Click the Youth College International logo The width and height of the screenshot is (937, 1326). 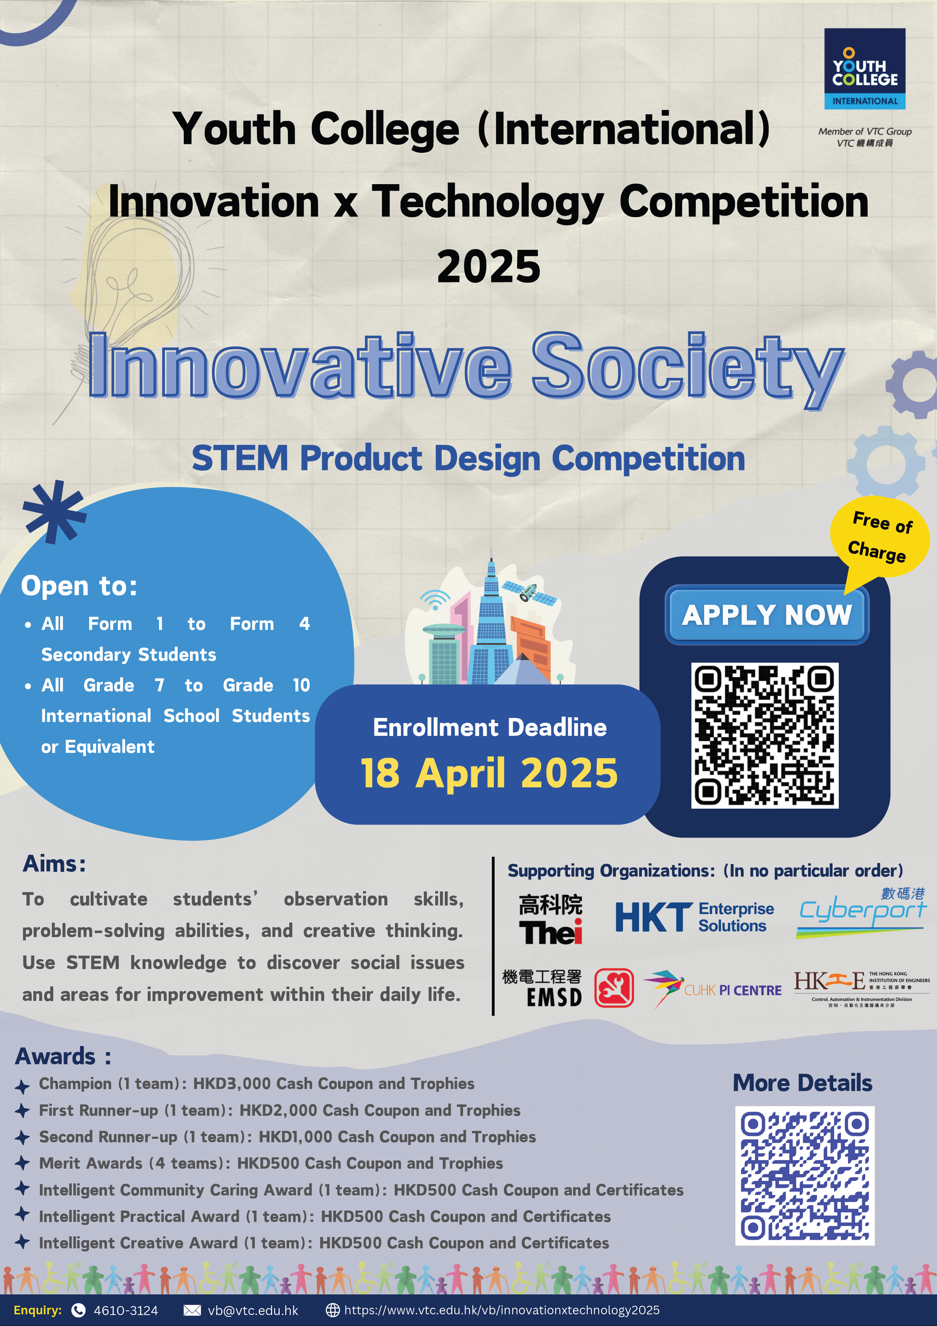point(864,69)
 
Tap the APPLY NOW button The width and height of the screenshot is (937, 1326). point(767,615)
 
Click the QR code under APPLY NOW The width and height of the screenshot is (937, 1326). point(765,735)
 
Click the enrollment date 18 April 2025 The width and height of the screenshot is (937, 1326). point(489,773)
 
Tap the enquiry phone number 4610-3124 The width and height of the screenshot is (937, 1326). point(126,1311)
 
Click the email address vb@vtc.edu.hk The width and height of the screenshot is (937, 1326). point(253,1311)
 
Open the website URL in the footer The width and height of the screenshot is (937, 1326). point(502,1311)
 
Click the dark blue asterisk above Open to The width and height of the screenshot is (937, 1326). point(54,512)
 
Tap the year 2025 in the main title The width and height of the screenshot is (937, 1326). point(488,267)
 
